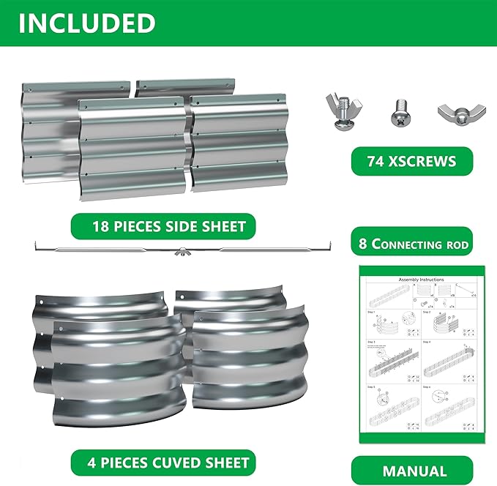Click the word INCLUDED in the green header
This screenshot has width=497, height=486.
(x=87, y=23)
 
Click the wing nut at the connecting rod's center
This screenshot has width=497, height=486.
(x=179, y=253)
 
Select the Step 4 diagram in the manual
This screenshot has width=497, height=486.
(x=447, y=356)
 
